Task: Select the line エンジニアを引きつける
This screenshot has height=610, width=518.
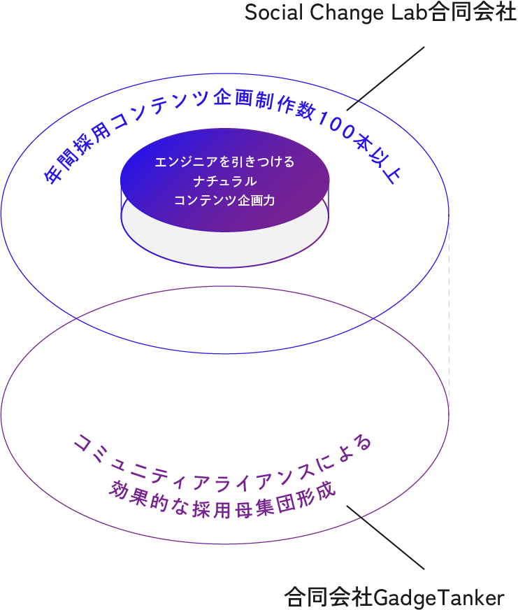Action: pos(224,162)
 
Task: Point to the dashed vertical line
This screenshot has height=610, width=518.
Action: pos(448,315)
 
